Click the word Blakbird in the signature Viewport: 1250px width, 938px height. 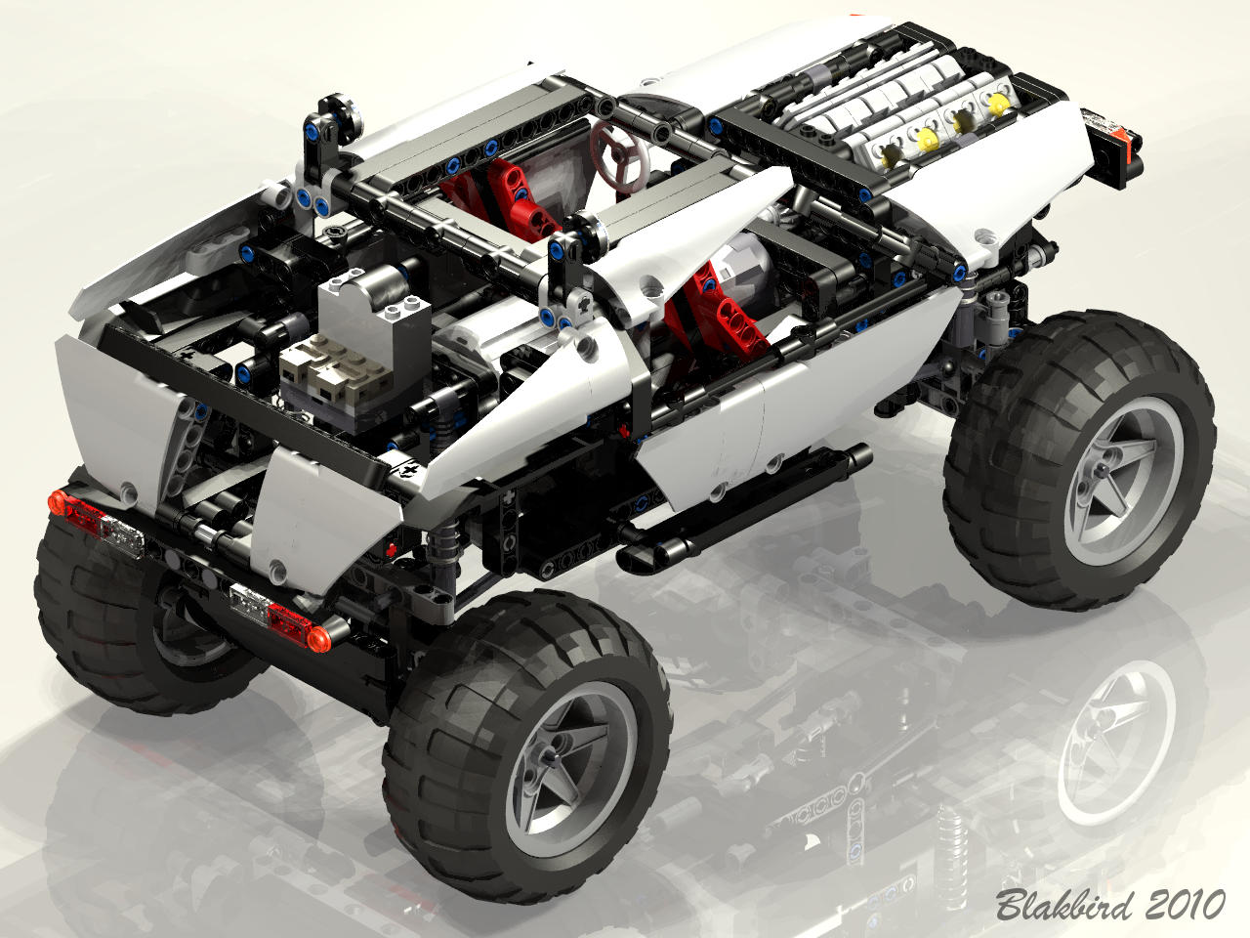point(1063,904)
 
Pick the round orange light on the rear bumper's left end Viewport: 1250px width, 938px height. point(57,502)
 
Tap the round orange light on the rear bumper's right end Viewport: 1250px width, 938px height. point(318,638)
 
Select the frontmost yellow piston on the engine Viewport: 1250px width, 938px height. point(998,105)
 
